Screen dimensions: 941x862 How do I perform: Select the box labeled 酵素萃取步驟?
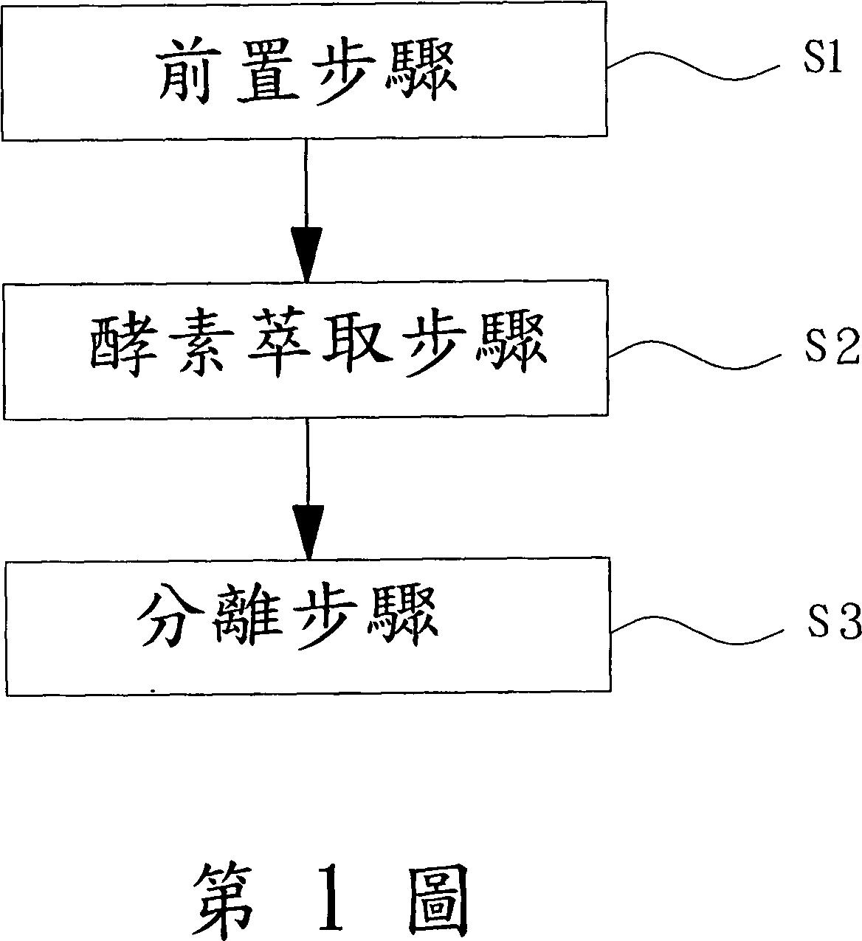(305, 350)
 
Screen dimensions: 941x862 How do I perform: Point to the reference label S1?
(822, 60)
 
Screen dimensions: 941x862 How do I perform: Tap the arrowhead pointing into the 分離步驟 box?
(308, 528)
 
